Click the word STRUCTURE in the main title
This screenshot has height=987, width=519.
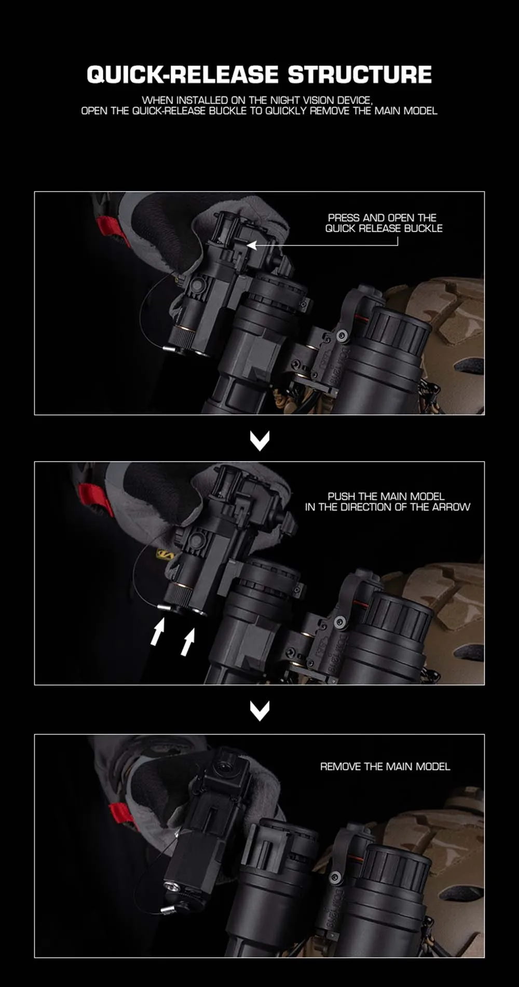(x=360, y=75)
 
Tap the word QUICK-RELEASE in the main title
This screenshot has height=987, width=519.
(x=183, y=75)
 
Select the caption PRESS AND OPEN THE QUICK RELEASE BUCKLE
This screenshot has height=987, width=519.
(x=384, y=223)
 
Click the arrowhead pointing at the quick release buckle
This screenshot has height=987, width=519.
(x=251, y=245)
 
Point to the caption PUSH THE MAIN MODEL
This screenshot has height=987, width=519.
(x=386, y=496)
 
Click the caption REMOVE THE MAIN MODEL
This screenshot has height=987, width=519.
(x=385, y=766)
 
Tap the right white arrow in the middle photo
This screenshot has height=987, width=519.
(x=188, y=642)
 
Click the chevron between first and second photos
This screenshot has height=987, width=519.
(x=259, y=440)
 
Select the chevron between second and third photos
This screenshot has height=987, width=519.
(x=259, y=711)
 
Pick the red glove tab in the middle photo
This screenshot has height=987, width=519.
(x=96, y=499)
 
